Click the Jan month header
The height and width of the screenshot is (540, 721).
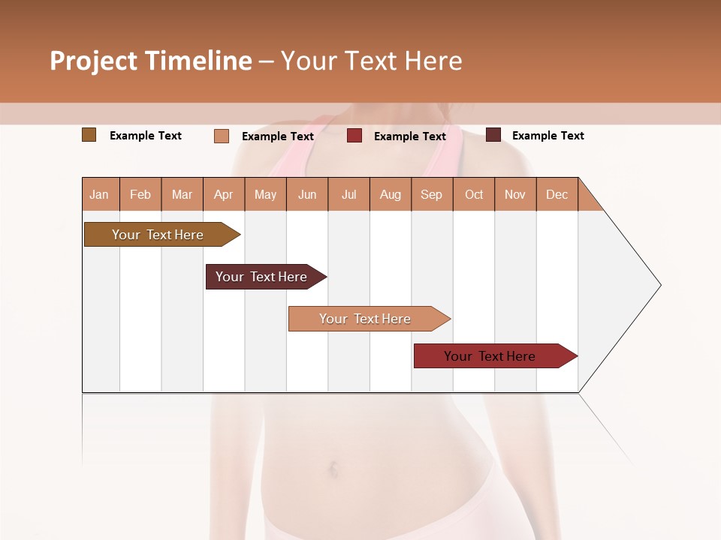tap(99, 194)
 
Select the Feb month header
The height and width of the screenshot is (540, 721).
tap(140, 194)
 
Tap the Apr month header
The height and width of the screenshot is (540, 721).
tap(223, 194)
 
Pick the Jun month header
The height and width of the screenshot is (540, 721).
tap(307, 194)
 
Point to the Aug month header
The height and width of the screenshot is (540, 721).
tap(390, 194)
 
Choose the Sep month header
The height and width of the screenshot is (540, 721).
tap(431, 194)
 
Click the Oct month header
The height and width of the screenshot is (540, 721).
tap(474, 194)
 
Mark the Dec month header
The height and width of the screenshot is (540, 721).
tap(557, 194)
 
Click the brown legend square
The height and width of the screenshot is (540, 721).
tap(89, 135)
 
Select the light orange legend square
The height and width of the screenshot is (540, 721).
tap(221, 136)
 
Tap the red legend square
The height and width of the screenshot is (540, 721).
tap(354, 136)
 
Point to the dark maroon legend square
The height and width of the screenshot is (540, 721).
tap(493, 135)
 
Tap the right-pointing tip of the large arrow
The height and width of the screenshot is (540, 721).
tap(659, 285)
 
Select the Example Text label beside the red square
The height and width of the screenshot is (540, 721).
tap(409, 136)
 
